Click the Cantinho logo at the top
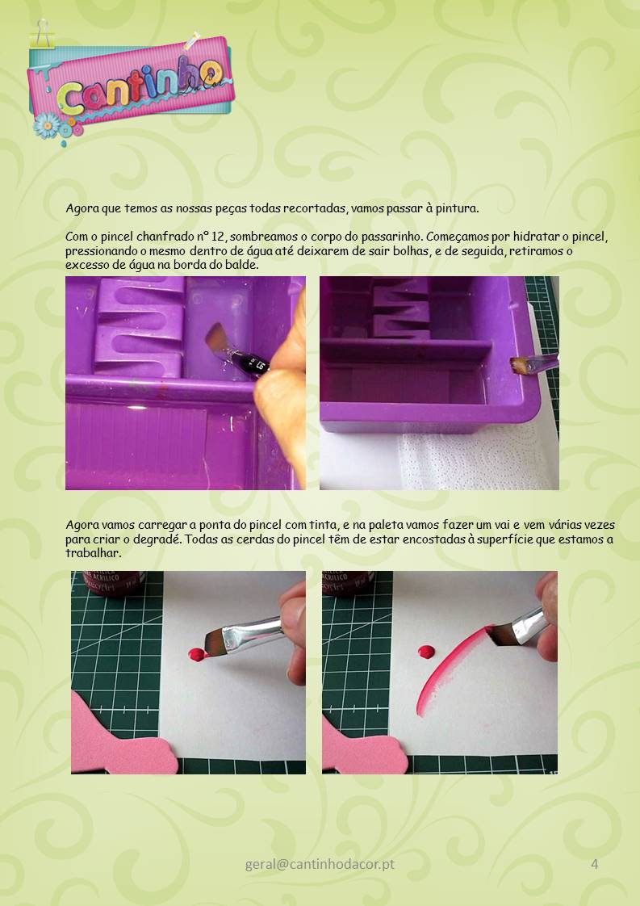(130, 85)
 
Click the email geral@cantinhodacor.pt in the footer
(320, 864)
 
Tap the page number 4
(594, 864)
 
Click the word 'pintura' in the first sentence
(456, 208)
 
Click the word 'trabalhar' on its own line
(93, 553)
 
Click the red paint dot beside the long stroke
(426, 652)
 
